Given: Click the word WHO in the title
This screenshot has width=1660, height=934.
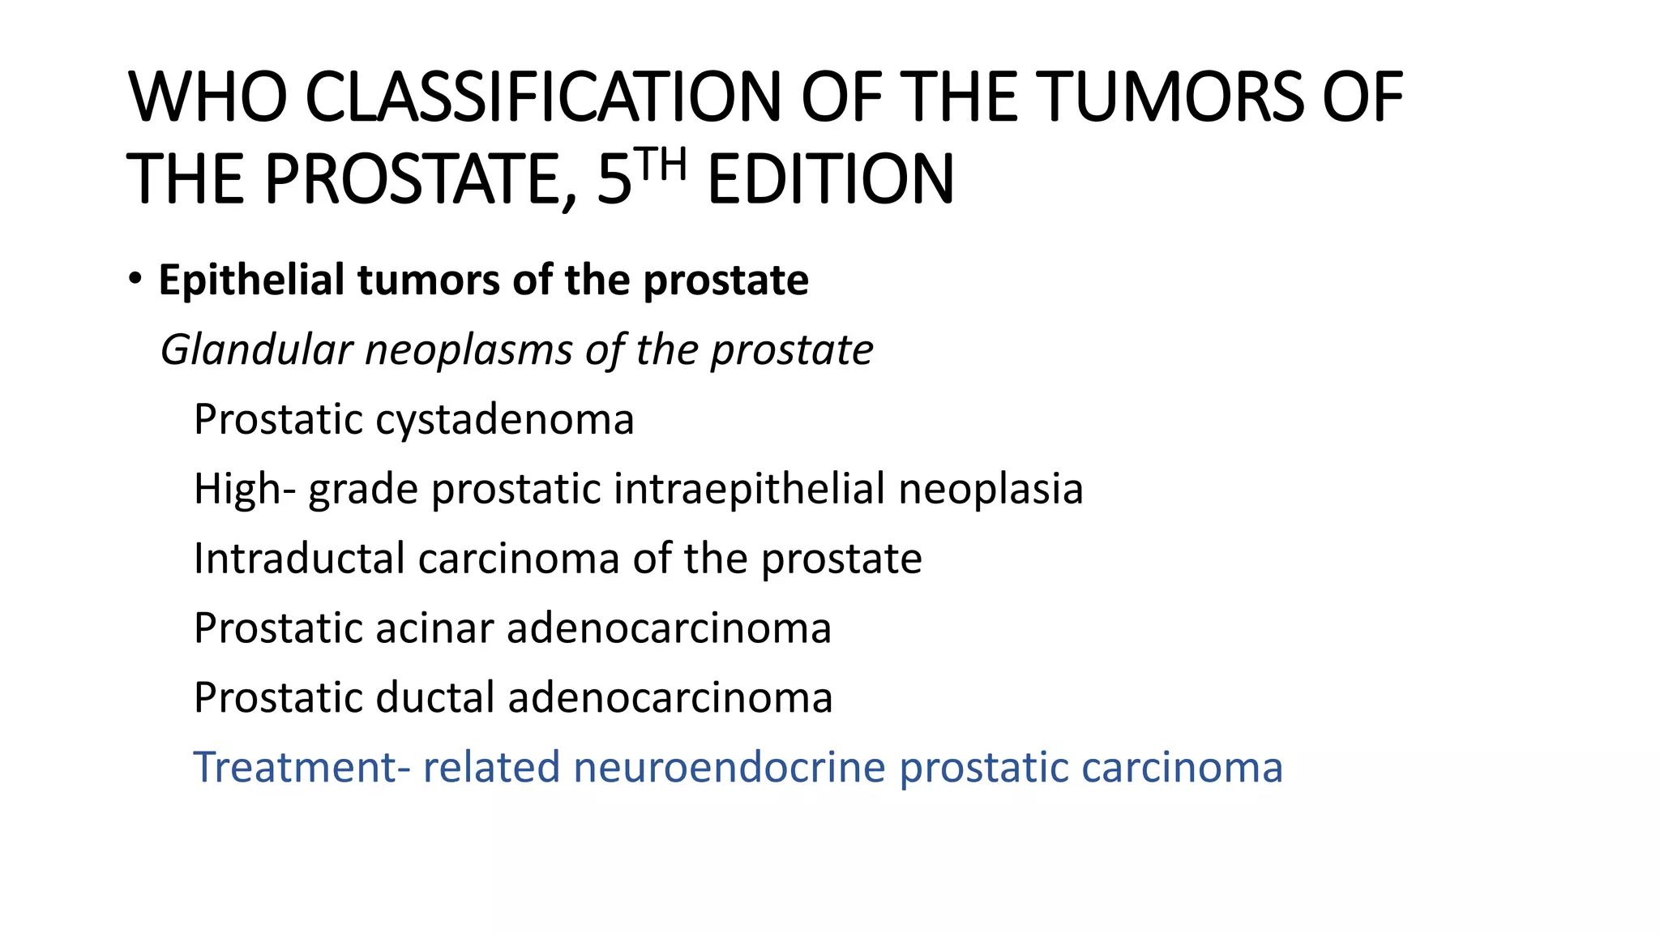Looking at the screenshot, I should (207, 97).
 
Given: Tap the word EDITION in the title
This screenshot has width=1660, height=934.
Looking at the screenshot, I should (831, 179).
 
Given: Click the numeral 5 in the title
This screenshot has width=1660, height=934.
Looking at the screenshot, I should (614, 179).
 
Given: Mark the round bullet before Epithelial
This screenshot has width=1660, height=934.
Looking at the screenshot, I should (135, 279).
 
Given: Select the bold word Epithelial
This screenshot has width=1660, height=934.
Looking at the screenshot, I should (251, 281).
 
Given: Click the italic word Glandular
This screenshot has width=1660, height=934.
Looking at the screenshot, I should (256, 350).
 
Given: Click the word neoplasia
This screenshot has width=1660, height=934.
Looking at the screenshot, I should (990, 490).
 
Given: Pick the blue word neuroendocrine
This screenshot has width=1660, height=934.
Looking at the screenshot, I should (729, 768).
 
